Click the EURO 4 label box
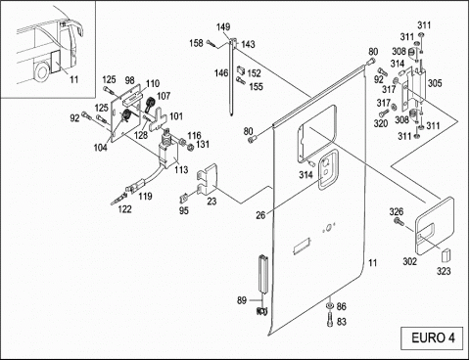[432, 337]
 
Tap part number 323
[444, 271]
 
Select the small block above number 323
[446, 255]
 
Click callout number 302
[409, 261]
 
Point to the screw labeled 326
[399, 222]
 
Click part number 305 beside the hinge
[435, 83]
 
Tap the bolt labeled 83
[329, 320]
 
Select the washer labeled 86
[330, 305]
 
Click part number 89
[242, 300]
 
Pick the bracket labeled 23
[208, 179]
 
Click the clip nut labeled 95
[184, 198]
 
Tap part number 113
[181, 169]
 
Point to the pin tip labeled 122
[113, 203]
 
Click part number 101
[176, 116]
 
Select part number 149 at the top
[223, 26]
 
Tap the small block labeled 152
[242, 69]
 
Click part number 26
[260, 215]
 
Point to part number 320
[381, 123]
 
